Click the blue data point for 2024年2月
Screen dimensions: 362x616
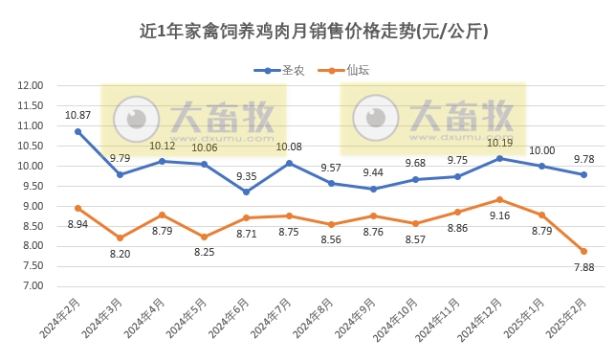click(x=77, y=131)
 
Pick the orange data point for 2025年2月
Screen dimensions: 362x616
click(x=583, y=251)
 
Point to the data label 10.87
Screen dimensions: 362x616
click(x=77, y=115)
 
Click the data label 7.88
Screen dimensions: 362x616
click(x=583, y=267)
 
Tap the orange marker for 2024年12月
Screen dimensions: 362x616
click(x=499, y=199)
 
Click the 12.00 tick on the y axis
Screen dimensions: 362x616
click(x=32, y=85)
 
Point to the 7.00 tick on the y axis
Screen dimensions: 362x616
click(x=33, y=286)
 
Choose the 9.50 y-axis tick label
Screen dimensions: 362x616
click(x=33, y=186)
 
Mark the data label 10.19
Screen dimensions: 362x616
click(x=499, y=143)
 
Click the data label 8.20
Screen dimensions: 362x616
click(x=120, y=255)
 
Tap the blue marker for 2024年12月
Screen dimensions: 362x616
click(x=499, y=158)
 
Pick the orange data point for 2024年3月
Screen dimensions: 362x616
click(x=120, y=238)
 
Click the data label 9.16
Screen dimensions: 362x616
click(x=499, y=215)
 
